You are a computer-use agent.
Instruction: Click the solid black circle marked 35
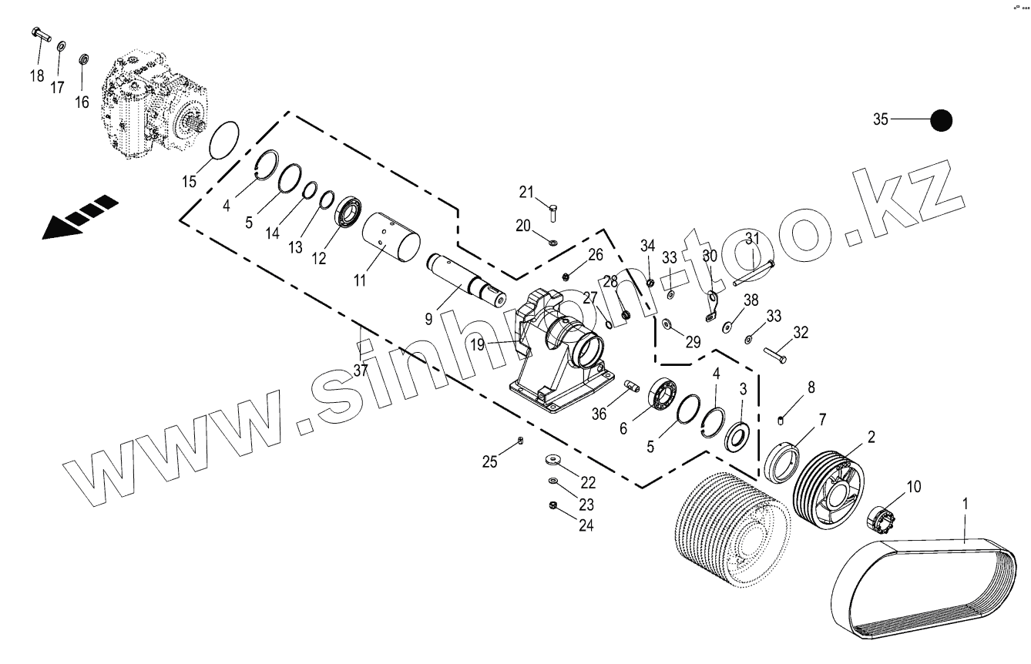(941, 120)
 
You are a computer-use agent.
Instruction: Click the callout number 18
(37, 75)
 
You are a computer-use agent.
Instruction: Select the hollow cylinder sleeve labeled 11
(392, 238)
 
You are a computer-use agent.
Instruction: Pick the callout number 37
(361, 370)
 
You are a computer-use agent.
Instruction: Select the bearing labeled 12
(349, 212)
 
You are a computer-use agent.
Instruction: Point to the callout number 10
(913, 487)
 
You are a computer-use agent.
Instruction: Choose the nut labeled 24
(553, 505)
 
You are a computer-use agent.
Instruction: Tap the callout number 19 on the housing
(479, 345)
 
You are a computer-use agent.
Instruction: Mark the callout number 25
(490, 462)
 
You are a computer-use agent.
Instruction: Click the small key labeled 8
(781, 419)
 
